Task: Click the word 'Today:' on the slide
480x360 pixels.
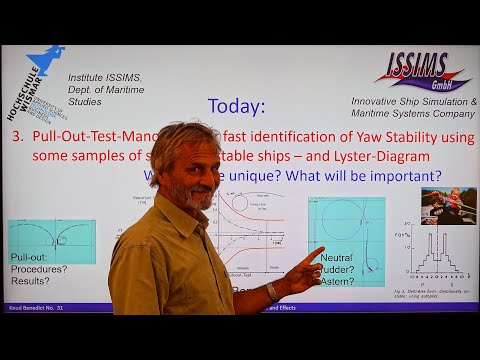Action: coord(236,106)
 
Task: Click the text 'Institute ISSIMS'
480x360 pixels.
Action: coord(105,77)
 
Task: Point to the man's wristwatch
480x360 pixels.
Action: coord(272,291)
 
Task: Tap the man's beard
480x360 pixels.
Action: coord(196,198)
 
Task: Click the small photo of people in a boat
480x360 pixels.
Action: coord(448,205)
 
